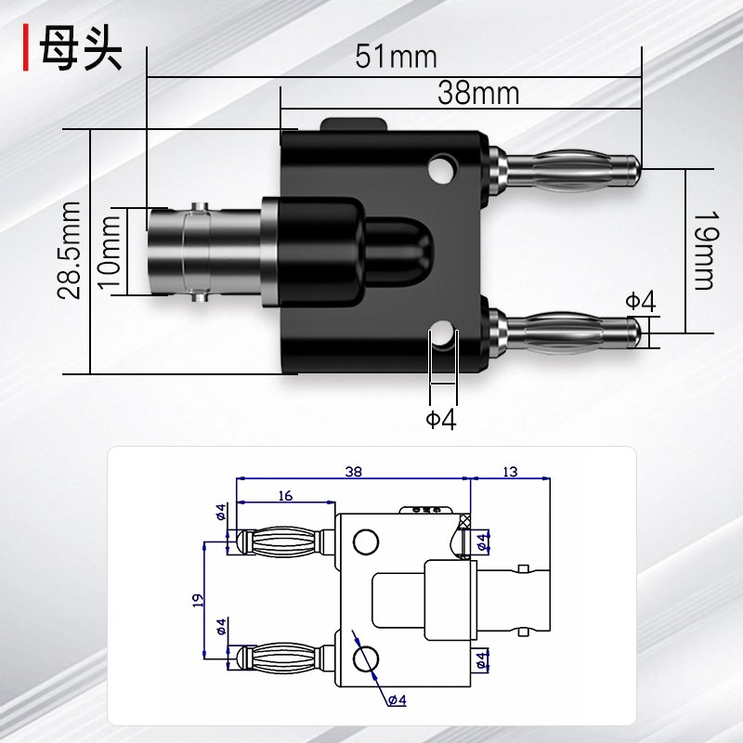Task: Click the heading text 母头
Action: pos(81,52)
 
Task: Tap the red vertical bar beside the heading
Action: pos(27,52)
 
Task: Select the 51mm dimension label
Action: pos(396,57)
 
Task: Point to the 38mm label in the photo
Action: pos(478,93)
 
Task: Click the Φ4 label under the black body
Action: pos(442,420)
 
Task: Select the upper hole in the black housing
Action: pos(442,169)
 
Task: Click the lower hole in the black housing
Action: pos(443,335)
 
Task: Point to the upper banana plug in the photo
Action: pos(567,168)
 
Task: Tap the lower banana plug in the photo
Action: pos(567,331)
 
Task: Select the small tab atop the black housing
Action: pos(354,124)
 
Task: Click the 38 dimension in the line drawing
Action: pos(353,472)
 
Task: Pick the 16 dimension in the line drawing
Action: pos(284,496)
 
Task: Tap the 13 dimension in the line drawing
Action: pos(510,472)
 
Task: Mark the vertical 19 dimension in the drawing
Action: pos(196,599)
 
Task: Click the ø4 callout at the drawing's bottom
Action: pos(397,699)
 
